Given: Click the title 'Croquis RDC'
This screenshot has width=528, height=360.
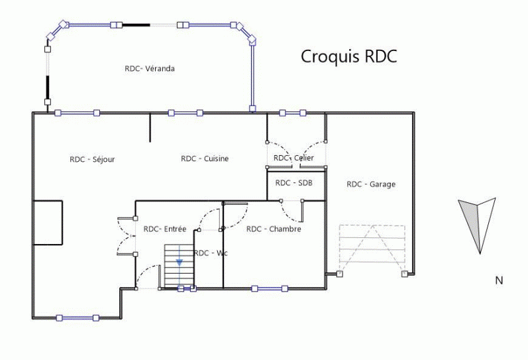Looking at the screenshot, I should coord(348,56).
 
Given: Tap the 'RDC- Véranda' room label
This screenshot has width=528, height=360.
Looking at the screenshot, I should coord(150,68).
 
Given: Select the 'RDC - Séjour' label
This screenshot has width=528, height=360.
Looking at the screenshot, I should coord(92,159).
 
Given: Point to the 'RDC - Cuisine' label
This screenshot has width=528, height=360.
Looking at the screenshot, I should coord(205,158).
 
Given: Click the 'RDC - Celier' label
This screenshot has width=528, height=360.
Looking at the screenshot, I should coord(293,158).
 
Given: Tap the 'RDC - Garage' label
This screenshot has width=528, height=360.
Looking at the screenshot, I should coord(371,184).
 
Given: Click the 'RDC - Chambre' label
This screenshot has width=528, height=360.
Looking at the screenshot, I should coord(274,229).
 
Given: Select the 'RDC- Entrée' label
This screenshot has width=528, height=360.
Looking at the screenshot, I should coord(165,229).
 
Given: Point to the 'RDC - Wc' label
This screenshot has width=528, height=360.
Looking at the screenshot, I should coord(211,253).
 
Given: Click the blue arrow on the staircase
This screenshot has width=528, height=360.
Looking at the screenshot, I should coord(180,263).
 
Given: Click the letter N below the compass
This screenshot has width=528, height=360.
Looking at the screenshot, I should coord(499,280).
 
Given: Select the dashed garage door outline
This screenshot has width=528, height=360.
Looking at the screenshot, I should coord(372,248).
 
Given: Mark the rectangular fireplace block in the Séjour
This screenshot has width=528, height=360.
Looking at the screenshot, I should coord(48,223).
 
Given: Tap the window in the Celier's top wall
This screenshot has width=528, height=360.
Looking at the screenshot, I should coord(292,113).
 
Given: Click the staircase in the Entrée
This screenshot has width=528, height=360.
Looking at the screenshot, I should coord(177,265).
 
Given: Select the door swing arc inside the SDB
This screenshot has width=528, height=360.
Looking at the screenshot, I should coord(292,211).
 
